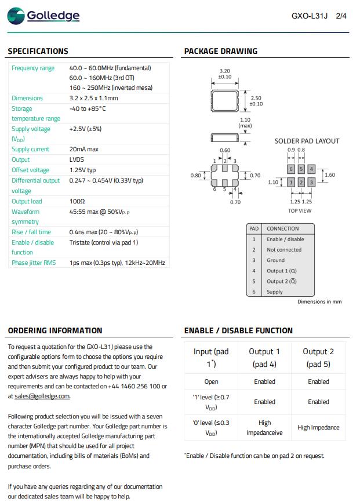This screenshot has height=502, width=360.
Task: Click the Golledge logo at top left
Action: tap(44, 16)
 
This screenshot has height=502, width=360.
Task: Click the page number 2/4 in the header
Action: tap(341, 16)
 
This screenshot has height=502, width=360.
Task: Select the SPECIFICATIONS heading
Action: tap(38, 51)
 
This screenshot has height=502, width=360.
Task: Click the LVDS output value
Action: tap(77, 159)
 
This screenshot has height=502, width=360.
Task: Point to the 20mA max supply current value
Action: tap(83, 149)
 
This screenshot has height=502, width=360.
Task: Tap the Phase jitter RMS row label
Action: tap(34, 263)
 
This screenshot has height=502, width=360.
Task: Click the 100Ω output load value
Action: tap(77, 201)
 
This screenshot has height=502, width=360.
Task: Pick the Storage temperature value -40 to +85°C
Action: tap(87, 108)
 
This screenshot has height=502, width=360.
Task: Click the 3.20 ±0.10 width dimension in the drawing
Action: tap(224, 74)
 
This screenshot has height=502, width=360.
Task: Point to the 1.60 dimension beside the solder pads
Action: tap(330, 175)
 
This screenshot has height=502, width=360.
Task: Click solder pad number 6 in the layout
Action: tap(290, 169)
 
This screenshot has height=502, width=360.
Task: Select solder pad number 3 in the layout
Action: tap(311, 183)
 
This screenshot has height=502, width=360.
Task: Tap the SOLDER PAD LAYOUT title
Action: tap(307, 141)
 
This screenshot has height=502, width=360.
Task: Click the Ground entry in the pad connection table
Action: tap(275, 260)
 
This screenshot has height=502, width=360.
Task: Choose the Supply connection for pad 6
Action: tap(274, 292)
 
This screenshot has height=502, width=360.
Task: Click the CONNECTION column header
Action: tap(283, 228)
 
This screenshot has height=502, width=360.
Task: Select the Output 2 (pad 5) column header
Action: tap(318, 358)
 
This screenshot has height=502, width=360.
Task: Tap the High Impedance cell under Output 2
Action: tap(318, 427)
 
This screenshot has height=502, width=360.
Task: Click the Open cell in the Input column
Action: tap(211, 381)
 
